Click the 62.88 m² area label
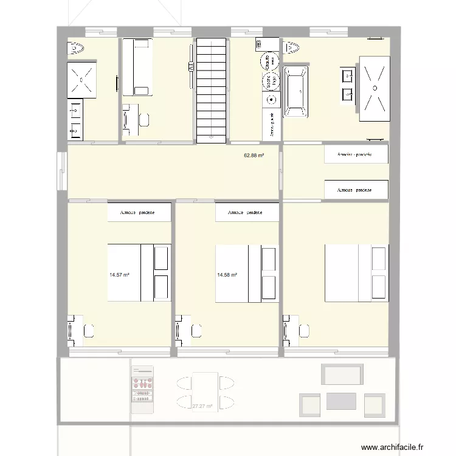pyautogui.click(x=254, y=156)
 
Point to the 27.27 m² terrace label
pyautogui.click(x=202, y=406)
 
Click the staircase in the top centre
pyautogui.click(x=212, y=89)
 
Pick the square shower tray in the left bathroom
pyautogui.click(x=81, y=78)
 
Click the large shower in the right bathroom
pyautogui.click(x=375, y=88)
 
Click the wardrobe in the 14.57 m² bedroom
pyautogui.click(x=139, y=213)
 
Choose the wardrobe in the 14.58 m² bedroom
pyautogui.click(x=247, y=213)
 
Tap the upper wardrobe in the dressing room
pyautogui.click(x=356, y=155)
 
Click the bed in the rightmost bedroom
pyautogui.click(x=356, y=273)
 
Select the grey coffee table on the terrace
pyautogui.click(x=341, y=401)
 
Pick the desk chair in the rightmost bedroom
pyautogui.click(x=304, y=330)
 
